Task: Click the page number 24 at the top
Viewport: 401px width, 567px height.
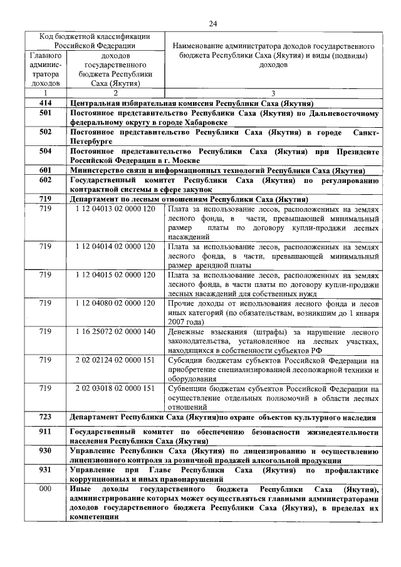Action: (x=212, y=24)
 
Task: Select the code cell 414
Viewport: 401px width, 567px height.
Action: (x=44, y=103)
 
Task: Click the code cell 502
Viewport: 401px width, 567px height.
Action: (x=44, y=133)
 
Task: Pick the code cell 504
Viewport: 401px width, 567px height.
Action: (x=44, y=152)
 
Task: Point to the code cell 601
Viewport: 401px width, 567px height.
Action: (x=44, y=170)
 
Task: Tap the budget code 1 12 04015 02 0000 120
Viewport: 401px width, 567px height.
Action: (x=115, y=274)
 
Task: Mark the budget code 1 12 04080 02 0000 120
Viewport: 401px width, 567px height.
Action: (x=115, y=303)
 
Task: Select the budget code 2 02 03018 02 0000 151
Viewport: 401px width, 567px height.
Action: (x=115, y=388)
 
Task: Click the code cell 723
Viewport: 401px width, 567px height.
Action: (x=44, y=417)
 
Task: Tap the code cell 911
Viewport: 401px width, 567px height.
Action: (x=44, y=432)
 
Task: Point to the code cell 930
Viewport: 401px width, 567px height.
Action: (x=44, y=450)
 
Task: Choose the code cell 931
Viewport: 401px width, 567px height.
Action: (x=44, y=469)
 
